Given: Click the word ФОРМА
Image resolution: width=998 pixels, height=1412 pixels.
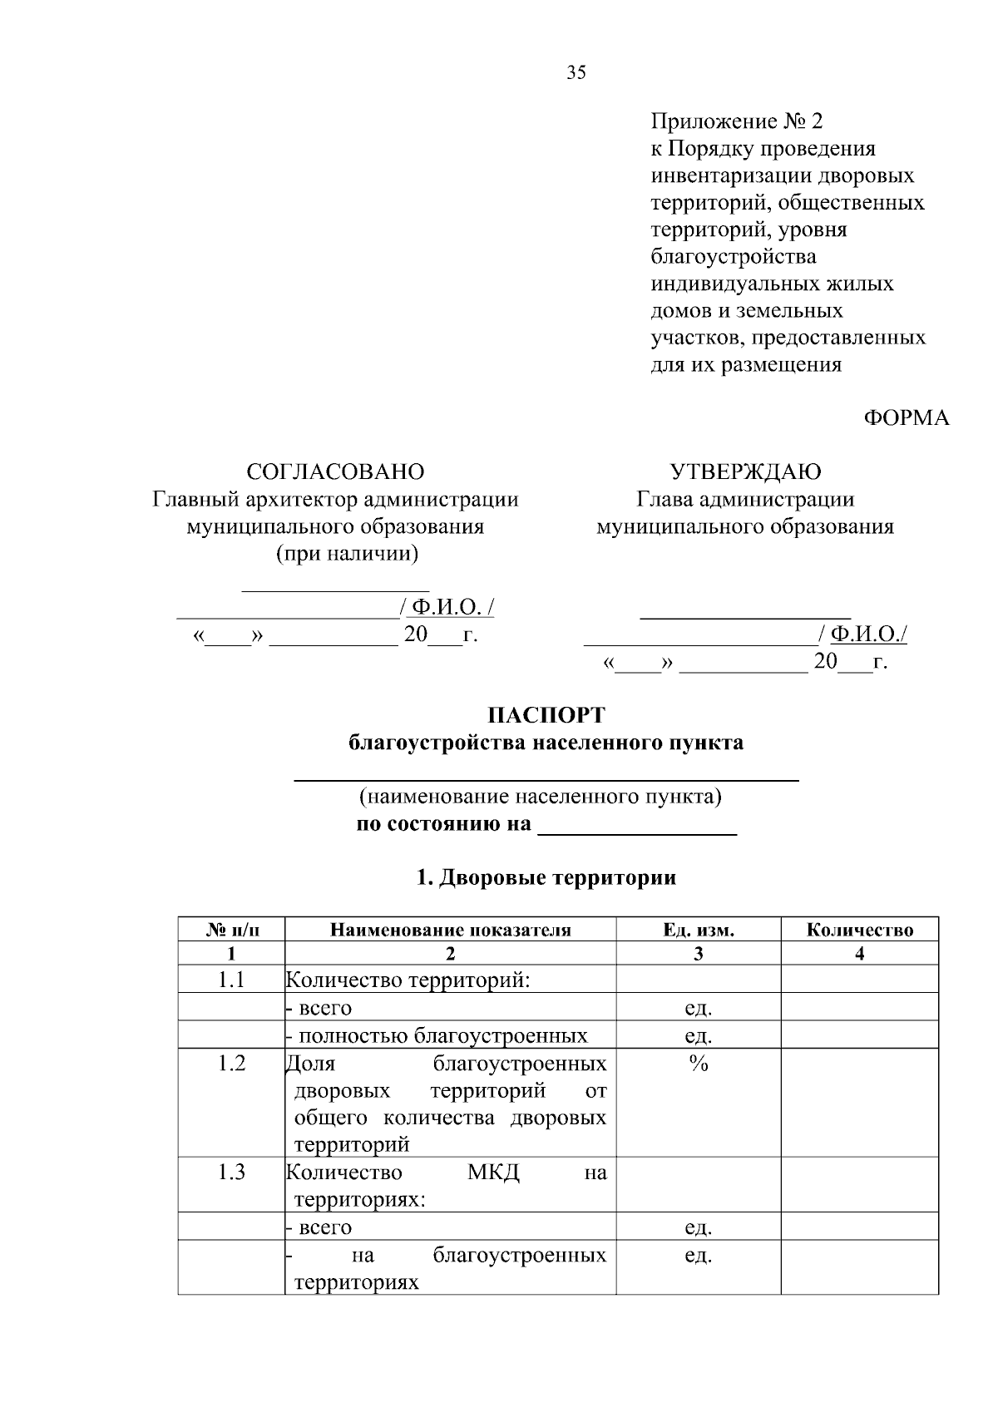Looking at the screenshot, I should point(907,418).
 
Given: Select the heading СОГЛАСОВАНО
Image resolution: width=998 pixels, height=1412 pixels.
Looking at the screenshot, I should point(335,471).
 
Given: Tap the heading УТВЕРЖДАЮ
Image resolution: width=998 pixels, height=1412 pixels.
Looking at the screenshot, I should point(745,471).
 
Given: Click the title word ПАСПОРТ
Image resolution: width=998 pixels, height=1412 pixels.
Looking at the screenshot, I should point(546,715).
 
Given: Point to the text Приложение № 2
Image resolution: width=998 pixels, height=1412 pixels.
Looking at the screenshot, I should point(736,121).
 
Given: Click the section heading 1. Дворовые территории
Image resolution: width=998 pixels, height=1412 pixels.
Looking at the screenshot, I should point(546,877).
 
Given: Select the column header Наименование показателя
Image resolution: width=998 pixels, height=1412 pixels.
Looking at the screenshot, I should point(450,930).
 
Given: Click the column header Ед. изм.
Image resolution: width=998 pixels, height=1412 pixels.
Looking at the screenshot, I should point(698,930).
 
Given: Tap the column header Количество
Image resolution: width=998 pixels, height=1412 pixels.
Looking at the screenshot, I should point(859,930).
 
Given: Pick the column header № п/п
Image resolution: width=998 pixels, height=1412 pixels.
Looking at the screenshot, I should point(232,930).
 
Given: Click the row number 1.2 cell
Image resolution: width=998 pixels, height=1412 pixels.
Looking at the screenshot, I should point(232,1063).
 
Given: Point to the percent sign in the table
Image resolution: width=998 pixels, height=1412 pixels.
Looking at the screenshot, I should point(698,1064).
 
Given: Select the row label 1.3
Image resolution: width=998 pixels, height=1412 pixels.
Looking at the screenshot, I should point(232,1173).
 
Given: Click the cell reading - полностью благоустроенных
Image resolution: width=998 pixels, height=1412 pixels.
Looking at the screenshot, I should point(437,1035).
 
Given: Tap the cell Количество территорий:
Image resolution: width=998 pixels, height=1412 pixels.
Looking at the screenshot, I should point(408,980).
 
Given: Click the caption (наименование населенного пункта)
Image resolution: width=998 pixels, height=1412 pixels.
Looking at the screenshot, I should point(540,797).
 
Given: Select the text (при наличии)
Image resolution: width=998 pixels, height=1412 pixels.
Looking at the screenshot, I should point(347,553).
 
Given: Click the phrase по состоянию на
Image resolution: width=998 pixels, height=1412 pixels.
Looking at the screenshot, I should point(443,824).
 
